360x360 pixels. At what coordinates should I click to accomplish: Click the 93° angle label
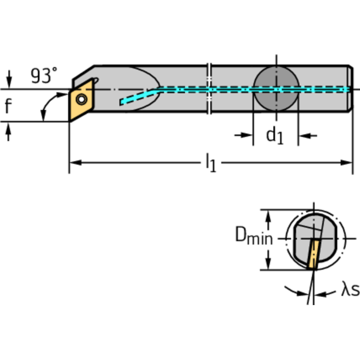coord(44,76)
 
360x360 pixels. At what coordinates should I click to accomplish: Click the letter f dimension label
coord(8,107)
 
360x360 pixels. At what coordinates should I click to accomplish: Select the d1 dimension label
coord(275,136)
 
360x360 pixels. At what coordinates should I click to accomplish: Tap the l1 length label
coord(211,163)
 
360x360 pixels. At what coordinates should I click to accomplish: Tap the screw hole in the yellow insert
coord(82,99)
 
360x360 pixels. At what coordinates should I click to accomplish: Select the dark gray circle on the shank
coord(276,89)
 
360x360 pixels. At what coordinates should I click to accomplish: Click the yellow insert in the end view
coord(312,253)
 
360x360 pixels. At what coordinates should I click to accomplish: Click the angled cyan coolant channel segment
coord(138,96)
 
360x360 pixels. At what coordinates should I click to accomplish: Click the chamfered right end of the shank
coord(351,89)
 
